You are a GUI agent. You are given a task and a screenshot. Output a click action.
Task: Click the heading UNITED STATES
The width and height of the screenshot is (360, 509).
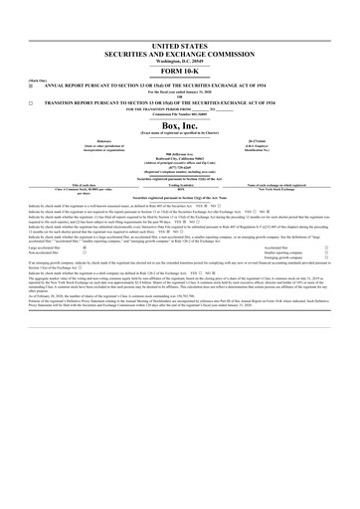coord(180,47)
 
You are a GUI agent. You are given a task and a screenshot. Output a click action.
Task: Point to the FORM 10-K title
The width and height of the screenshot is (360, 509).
coord(180,72)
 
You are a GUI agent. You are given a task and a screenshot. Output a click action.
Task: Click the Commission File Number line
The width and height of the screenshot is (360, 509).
coord(180,113)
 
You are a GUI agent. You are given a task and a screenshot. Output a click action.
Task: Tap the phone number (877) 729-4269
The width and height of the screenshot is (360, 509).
coord(180,168)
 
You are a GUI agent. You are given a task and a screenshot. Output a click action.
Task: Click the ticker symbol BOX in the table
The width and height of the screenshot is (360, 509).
coord(180,189)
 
